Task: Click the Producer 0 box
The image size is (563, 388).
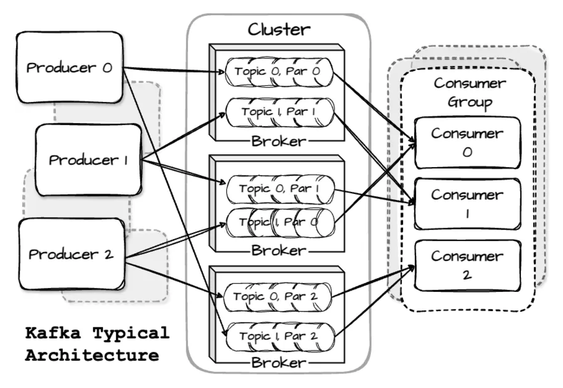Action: pos(69,67)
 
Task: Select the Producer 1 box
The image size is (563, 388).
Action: pos(88,160)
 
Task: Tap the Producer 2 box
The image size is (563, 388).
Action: pos(71,254)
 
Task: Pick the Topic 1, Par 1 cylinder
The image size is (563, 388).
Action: pos(279,112)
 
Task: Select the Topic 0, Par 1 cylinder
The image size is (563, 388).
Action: pos(280,189)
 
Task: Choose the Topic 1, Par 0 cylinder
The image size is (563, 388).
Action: pos(280,223)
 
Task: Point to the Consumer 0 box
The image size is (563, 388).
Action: pos(467,143)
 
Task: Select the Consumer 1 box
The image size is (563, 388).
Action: pos(467,204)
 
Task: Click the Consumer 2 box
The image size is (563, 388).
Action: pos(467,265)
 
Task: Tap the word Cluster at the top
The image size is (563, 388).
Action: pos(279,30)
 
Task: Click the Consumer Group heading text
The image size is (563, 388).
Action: pos(469,92)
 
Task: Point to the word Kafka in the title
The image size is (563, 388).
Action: pos(53,333)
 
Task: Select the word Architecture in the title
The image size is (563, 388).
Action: pos(92,355)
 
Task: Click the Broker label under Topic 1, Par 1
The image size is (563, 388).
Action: pos(279,141)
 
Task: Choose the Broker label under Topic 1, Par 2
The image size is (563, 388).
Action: pos(279,363)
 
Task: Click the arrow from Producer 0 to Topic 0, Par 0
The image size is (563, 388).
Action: pos(172,70)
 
